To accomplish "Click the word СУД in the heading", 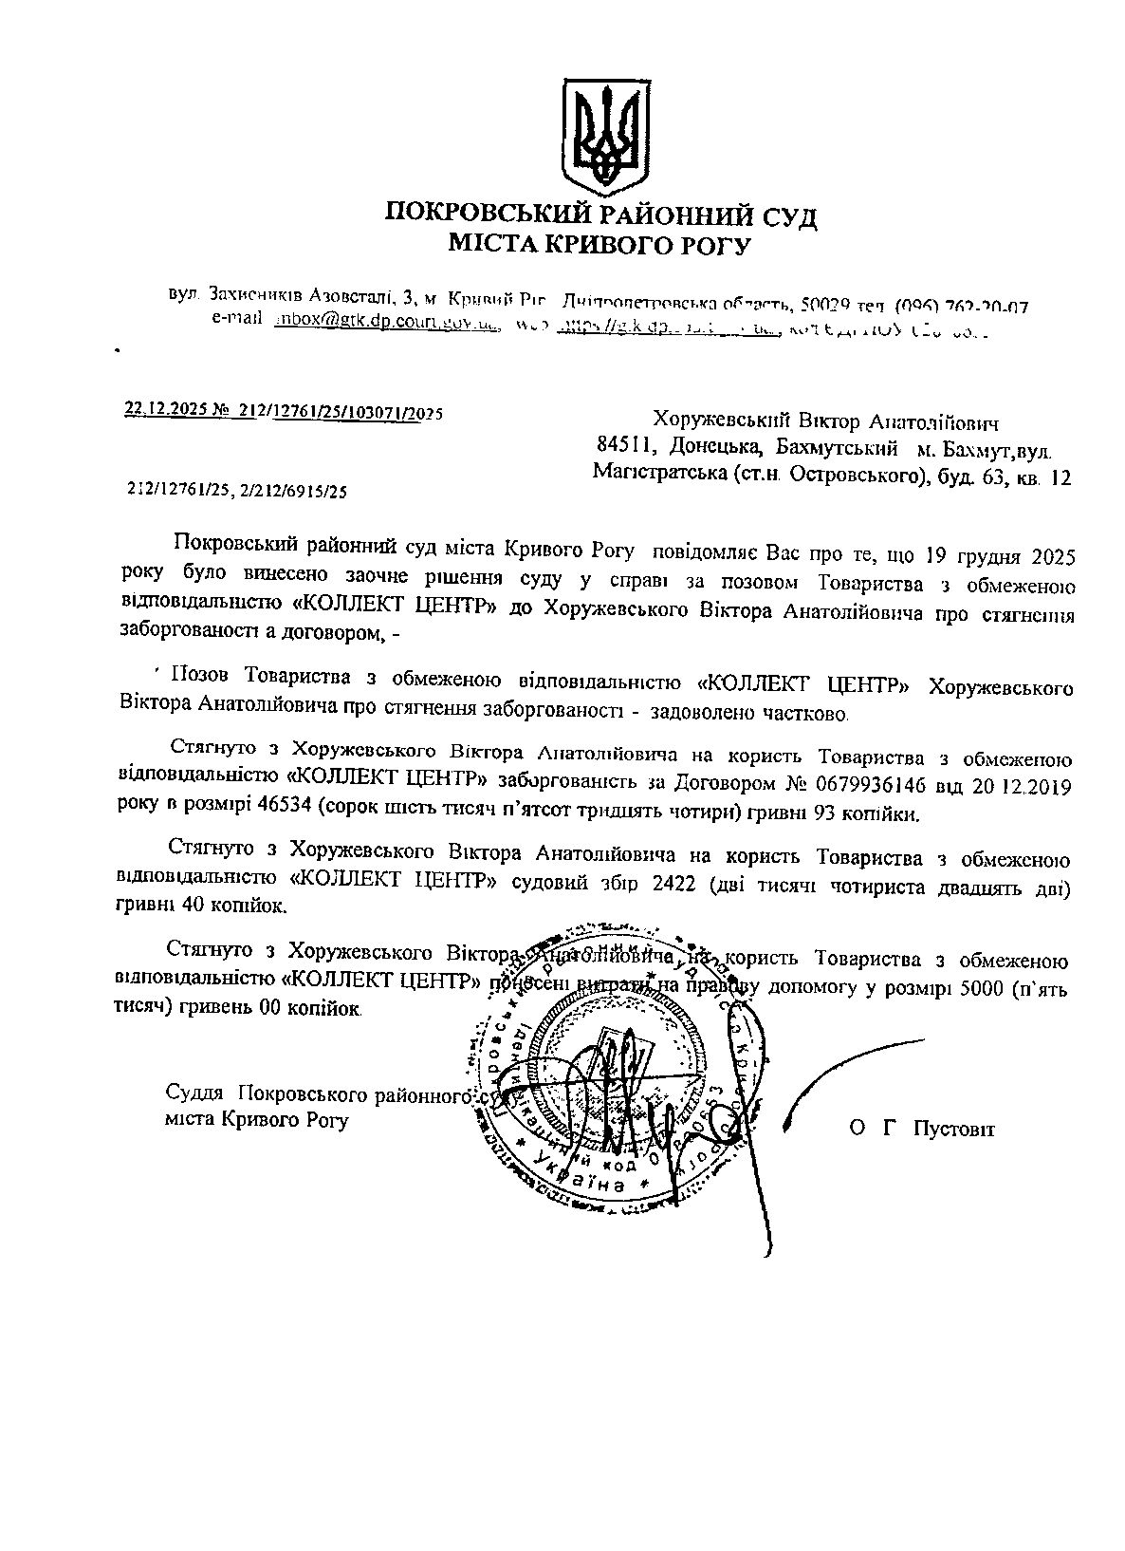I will coord(782,215).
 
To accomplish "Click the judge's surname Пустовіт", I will coord(953,1129).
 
